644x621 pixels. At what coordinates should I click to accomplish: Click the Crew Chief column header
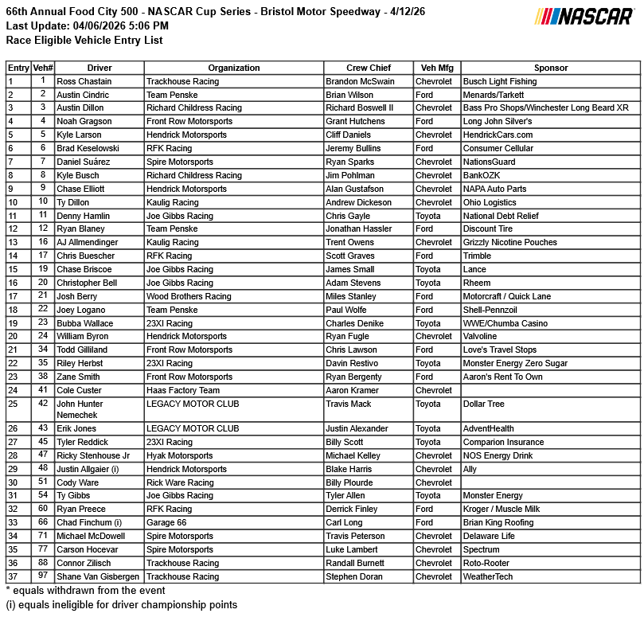click(x=368, y=68)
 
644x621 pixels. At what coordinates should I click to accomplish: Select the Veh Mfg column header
click(x=436, y=68)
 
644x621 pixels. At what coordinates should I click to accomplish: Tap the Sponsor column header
click(x=551, y=68)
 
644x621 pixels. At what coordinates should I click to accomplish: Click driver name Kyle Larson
click(x=80, y=135)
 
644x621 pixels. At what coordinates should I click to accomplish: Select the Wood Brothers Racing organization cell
click(x=189, y=296)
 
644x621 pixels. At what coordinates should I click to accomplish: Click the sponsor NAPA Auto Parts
click(x=494, y=189)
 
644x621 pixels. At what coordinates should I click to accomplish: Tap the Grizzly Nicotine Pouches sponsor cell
click(x=509, y=242)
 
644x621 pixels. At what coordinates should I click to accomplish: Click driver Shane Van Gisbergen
click(x=98, y=576)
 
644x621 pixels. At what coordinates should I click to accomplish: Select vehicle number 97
click(x=42, y=576)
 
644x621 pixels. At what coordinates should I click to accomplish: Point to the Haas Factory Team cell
click(x=183, y=390)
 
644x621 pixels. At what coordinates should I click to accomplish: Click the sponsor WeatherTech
click(x=488, y=576)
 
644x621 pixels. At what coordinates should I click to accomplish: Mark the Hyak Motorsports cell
click(x=179, y=455)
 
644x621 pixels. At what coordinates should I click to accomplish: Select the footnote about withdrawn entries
click(x=86, y=591)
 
